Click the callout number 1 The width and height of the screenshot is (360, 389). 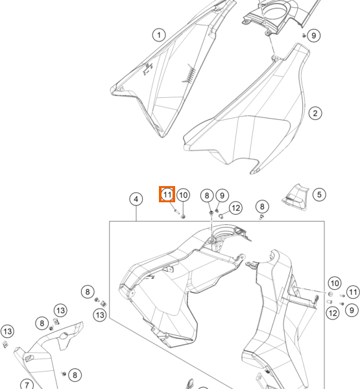pyautogui.click(x=159, y=35)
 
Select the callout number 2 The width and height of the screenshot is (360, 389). pyautogui.click(x=315, y=113)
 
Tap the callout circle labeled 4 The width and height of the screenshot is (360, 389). pyautogui.click(x=136, y=199)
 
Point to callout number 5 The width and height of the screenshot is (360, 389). pyautogui.click(x=319, y=194)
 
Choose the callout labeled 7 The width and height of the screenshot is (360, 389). pyautogui.click(x=27, y=384)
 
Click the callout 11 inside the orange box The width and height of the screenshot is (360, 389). pyautogui.click(x=167, y=194)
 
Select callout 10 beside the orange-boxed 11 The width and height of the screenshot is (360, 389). pyautogui.click(x=183, y=195)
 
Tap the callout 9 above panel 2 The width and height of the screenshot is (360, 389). pyautogui.click(x=313, y=36)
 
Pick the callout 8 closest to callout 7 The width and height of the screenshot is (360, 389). pyautogui.click(x=75, y=375)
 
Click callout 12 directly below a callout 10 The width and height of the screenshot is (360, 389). pyautogui.click(x=333, y=313)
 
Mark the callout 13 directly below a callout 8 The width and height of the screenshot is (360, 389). pyautogui.click(x=100, y=315)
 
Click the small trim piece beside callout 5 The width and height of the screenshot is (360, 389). pyautogui.click(x=295, y=197)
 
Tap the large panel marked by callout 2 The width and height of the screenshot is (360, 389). pyautogui.click(x=248, y=112)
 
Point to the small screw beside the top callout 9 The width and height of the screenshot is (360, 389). pyautogui.click(x=304, y=36)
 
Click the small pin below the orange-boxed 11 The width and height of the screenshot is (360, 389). pyautogui.click(x=176, y=211)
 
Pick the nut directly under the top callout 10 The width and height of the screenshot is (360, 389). pyautogui.click(x=183, y=217)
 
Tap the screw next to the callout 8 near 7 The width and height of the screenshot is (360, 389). pyautogui.click(x=64, y=373)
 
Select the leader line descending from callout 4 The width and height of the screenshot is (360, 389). pyautogui.click(x=136, y=213)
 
